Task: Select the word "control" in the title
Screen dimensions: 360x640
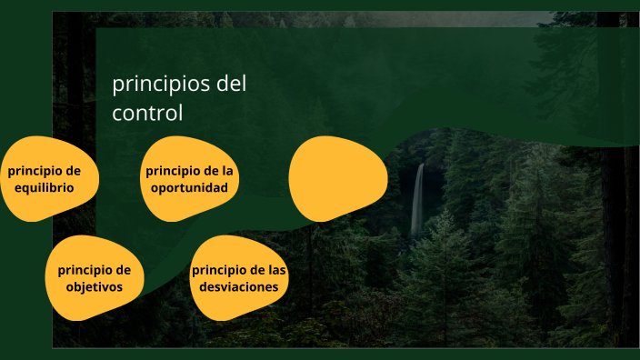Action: point(147,114)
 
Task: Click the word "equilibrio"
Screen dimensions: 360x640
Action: point(45,188)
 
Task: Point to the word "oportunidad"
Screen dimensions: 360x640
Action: point(189,187)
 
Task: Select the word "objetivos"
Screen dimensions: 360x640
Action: point(94,287)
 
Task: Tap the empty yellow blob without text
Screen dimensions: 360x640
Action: point(337,178)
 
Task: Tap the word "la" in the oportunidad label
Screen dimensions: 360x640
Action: point(227,170)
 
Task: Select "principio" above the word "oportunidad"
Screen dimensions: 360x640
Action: point(173,170)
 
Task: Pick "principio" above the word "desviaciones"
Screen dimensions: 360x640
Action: point(219,269)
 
